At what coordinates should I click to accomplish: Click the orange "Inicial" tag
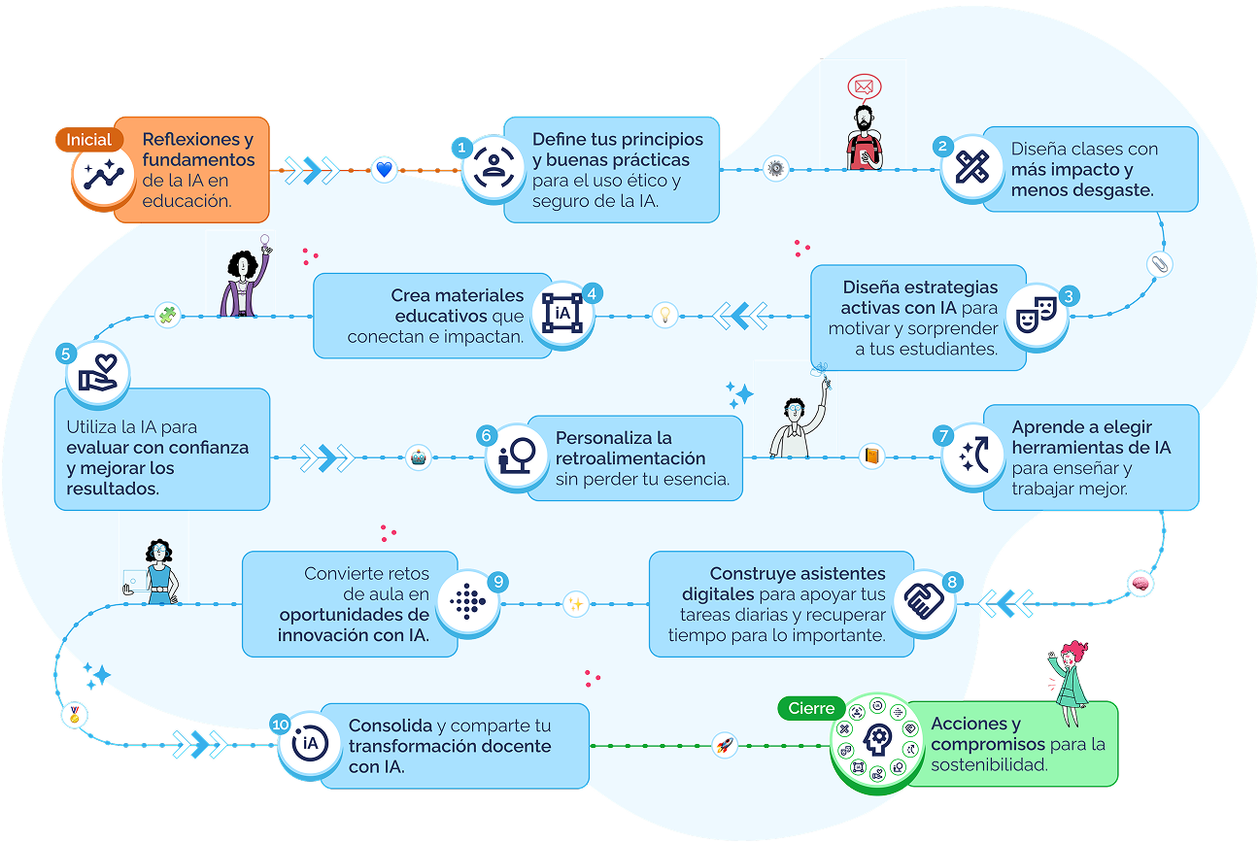point(89,140)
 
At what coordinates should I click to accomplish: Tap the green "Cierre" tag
point(811,709)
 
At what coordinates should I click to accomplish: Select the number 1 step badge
point(462,148)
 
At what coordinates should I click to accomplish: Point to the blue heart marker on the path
point(384,170)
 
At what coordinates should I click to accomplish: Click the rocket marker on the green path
point(724,746)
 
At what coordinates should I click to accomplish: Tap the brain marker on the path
point(1140,583)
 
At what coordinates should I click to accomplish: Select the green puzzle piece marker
point(168,315)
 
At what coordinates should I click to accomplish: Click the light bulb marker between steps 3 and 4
point(665,315)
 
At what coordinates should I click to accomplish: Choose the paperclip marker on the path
point(1159,264)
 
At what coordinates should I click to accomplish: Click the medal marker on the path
point(74,716)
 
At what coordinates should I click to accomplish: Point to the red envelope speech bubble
point(862,87)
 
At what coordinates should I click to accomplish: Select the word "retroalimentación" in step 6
point(630,458)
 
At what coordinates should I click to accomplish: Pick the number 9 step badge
point(497,582)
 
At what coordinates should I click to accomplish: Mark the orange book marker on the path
point(871,456)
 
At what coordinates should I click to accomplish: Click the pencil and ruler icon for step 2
point(971,168)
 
